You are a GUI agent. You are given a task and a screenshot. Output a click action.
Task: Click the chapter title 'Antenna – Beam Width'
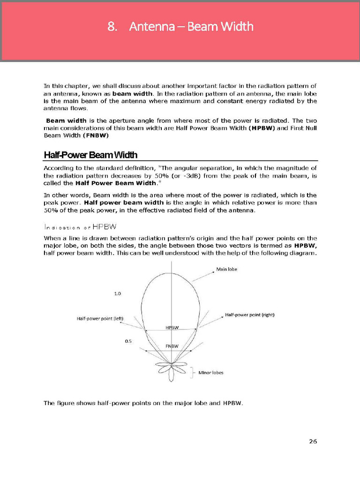click(191, 27)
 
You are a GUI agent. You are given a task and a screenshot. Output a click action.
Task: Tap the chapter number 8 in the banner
click(112, 27)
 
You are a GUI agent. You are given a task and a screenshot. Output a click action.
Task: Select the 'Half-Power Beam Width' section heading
click(90, 155)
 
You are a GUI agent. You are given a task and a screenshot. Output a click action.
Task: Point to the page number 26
click(313, 441)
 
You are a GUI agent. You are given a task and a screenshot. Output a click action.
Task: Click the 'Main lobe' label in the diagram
click(226, 270)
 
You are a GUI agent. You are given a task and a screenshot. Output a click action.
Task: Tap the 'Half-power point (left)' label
click(100, 319)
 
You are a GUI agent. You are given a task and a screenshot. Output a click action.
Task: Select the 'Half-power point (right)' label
click(250, 315)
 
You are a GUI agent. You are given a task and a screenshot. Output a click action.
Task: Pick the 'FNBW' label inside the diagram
click(172, 346)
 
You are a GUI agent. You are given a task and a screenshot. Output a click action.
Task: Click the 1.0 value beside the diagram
click(118, 293)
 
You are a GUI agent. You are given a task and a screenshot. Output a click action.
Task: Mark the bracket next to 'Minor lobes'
click(193, 373)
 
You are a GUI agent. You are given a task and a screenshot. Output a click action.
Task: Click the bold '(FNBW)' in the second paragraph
click(96, 135)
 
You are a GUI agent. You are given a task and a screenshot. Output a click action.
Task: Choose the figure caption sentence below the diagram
click(143, 403)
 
